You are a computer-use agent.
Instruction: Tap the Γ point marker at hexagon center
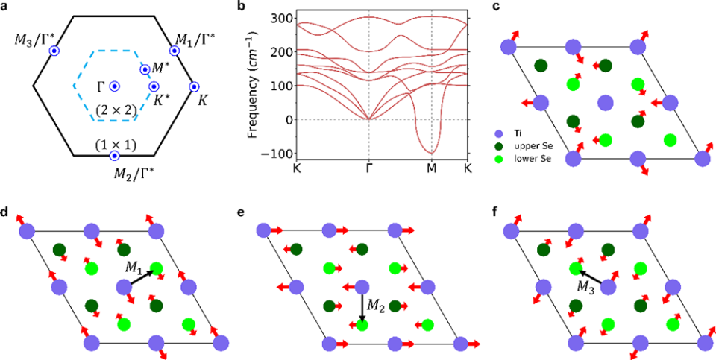coord(114,86)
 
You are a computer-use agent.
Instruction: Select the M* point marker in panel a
coord(145,69)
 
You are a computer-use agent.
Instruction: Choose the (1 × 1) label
coord(114,142)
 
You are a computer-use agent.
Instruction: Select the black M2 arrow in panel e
coord(362,306)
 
